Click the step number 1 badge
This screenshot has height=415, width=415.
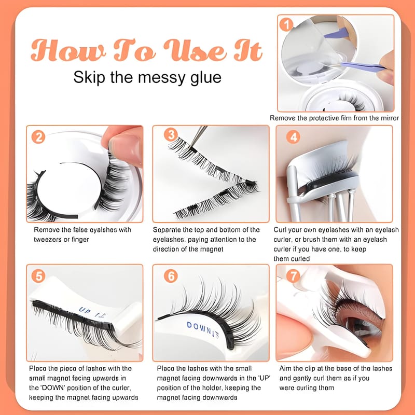pos(286,24)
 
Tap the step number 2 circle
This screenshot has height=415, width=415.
pos(38,137)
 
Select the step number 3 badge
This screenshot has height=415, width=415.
pos(171,135)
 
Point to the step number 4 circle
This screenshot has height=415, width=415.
pos(293,137)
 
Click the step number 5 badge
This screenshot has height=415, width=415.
pos(38,276)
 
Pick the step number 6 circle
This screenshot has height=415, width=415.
pos(171,276)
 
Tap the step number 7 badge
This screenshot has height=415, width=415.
pos(293,276)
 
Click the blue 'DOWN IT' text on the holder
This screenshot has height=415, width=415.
pos(203,330)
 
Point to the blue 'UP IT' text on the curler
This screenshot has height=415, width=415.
pos(93,312)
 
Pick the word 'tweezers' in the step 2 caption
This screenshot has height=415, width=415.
pos(48,240)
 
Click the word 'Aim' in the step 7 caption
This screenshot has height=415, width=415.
pos(285,368)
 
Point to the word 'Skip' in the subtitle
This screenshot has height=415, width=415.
pos(89,78)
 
